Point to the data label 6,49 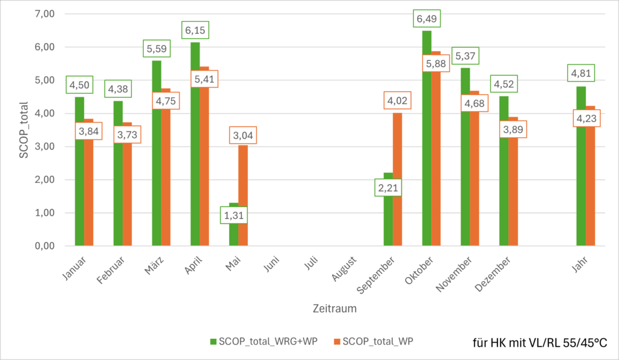pyautogui.click(x=427, y=19)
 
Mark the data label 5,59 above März pyautogui.click(x=157, y=48)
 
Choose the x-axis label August pyautogui.click(x=343, y=269)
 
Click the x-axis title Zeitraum pyautogui.click(x=334, y=309)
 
